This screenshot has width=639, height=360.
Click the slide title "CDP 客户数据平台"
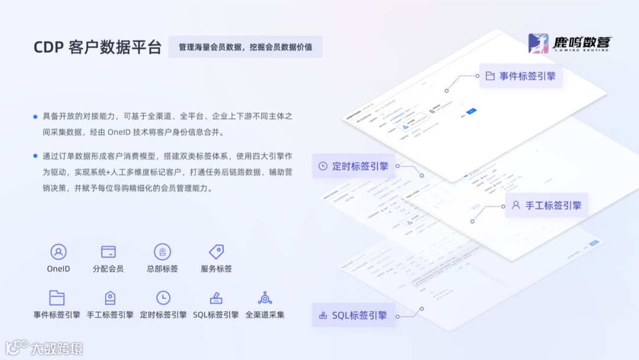click(98, 47)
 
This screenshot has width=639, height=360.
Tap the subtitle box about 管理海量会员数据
click(246, 47)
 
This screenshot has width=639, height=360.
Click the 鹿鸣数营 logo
click(570, 44)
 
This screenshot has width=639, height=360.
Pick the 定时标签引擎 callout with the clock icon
click(353, 166)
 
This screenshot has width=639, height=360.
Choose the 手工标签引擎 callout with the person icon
click(546, 205)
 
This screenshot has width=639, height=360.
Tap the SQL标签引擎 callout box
click(353, 316)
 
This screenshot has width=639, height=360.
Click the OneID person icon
click(59, 252)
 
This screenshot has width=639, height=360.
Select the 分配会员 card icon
click(108, 252)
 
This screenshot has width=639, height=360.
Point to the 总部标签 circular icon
click(162, 252)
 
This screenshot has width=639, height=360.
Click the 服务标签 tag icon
click(216, 252)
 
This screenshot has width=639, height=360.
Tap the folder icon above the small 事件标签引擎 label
click(57, 298)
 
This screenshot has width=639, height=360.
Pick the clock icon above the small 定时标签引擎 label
click(163, 298)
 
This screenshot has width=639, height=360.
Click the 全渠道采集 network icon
click(265, 298)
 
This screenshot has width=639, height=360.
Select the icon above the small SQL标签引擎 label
click(216, 298)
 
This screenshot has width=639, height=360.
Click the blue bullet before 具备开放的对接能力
click(35, 117)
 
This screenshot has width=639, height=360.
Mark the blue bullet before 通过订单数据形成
click(35, 156)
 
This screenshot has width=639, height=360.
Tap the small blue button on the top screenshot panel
click(471, 111)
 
